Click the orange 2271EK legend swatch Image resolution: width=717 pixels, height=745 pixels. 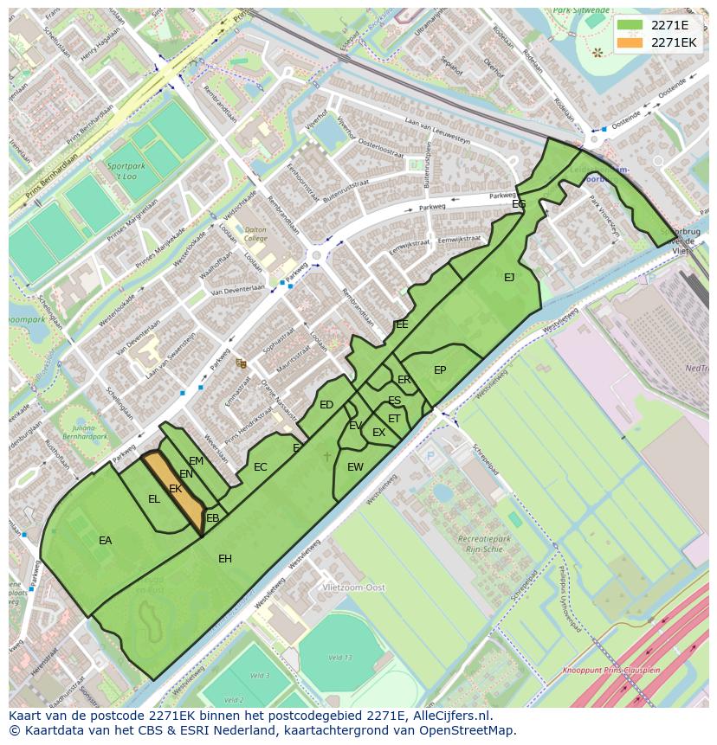pos(630,42)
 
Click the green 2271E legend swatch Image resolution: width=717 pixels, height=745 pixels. pos(630,25)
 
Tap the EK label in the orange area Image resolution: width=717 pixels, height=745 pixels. pos(176,489)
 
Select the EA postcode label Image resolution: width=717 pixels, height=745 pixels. pos(106,541)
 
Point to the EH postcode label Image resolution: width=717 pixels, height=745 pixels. pos(225,559)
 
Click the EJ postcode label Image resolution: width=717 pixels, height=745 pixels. pos(509,278)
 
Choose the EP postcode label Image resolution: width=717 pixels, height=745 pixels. pos(440,370)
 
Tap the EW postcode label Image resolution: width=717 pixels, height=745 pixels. pos(355,467)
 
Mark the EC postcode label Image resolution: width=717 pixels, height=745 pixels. pos(261,467)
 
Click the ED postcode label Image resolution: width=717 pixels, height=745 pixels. pos(326,405)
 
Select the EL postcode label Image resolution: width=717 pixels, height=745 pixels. pos(154,499)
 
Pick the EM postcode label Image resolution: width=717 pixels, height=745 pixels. pos(197,461)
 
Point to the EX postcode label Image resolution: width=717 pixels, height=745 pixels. pos(378,433)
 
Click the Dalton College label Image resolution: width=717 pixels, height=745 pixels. pos(255,234)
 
